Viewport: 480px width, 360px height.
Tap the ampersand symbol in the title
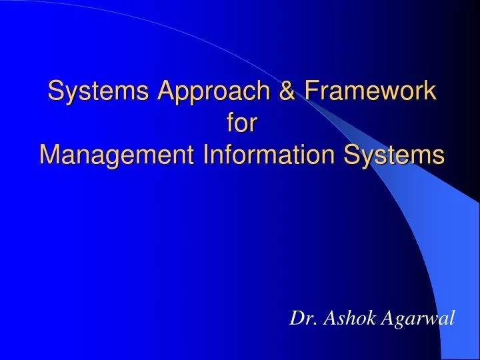(x=282, y=91)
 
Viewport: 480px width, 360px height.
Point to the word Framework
(x=367, y=91)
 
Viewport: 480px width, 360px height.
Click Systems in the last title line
(x=394, y=155)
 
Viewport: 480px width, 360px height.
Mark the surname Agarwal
(x=418, y=319)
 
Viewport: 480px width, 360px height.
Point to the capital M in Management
(x=49, y=155)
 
